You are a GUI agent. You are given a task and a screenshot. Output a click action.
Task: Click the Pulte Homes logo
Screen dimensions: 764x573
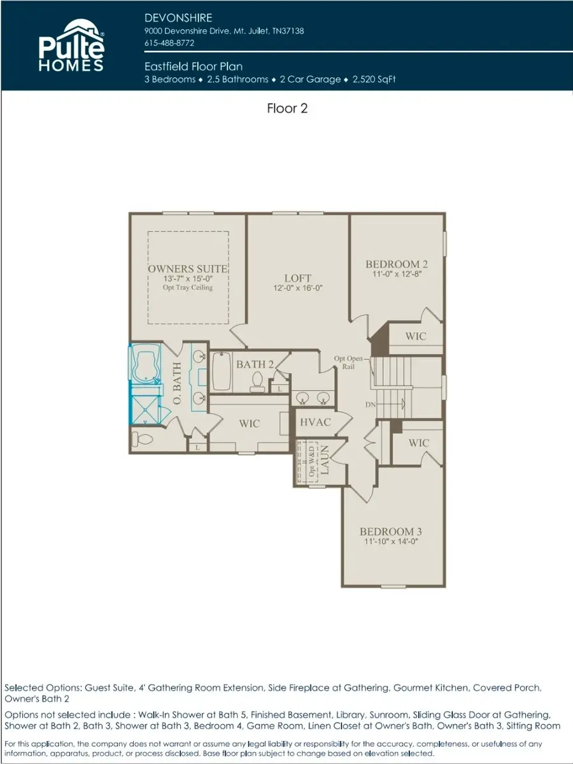point(71,45)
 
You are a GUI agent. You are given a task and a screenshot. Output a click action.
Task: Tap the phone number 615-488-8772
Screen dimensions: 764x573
point(169,43)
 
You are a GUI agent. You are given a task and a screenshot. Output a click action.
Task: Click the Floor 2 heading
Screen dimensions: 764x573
point(287,108)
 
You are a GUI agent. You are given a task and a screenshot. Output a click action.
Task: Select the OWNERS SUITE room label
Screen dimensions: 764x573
point(188,269)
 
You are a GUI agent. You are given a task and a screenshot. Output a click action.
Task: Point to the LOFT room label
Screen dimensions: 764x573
point(297,278)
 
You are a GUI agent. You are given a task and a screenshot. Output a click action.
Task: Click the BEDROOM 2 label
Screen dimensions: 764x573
point(396,264)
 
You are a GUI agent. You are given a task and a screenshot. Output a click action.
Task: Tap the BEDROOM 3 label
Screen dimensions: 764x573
point(391,531)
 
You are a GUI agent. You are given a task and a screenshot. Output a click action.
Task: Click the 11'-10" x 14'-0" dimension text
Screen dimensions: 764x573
point(391,542)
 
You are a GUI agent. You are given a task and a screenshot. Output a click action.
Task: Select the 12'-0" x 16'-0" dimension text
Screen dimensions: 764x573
point(297,288)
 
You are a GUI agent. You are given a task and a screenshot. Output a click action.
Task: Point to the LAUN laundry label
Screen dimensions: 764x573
point(324,461)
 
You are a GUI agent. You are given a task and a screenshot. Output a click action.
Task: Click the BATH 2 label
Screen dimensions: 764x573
point(255,364)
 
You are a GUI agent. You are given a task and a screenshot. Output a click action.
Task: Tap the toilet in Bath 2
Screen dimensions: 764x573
point(258,381)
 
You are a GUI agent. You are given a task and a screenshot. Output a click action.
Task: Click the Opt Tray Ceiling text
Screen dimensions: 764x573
point(188,287)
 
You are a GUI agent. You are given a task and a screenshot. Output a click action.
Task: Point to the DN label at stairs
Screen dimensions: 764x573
point(370,405)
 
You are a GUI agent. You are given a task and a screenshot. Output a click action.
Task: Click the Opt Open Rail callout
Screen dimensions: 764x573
point(348,363)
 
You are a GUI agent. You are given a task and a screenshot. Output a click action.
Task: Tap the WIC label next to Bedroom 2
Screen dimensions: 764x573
point(416,336)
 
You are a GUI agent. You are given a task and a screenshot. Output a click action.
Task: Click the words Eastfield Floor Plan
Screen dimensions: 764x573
point(194,66)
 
